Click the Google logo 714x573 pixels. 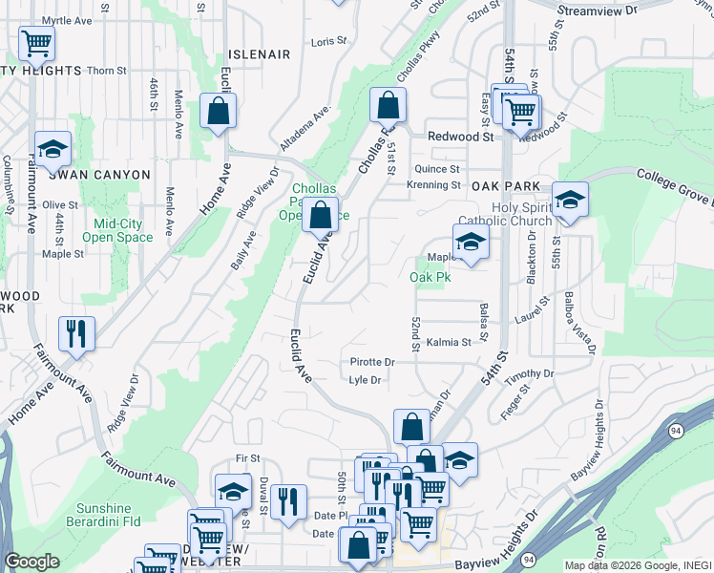coord(31,562)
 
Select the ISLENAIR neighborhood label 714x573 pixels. coord(259,54)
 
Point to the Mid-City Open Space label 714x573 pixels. coord(117,230)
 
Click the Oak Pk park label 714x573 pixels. coord(429,277)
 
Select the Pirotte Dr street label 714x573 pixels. coord(372,363)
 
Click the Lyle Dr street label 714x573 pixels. coord(366,380)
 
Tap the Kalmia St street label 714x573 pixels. coord(449,342)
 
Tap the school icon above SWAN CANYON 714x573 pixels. coord(52,149)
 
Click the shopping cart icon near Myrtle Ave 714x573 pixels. coord(36,42)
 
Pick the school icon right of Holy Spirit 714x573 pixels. coord(570,200)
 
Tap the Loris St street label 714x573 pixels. coord(328,42)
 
